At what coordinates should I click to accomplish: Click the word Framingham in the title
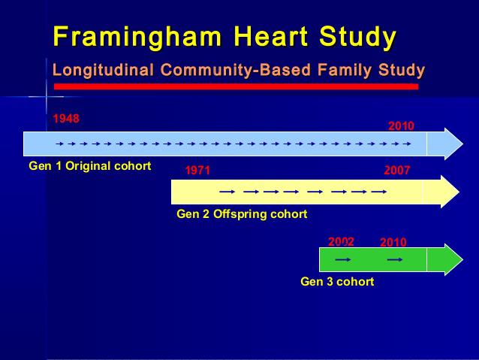[x=137, y=38]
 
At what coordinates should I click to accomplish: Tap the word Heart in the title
[x=271, y=36]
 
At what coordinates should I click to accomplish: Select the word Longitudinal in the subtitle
[x=103, y=71]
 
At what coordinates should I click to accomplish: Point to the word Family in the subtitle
[x=345, y=71]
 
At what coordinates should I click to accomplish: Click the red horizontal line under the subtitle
[x=236, y=87]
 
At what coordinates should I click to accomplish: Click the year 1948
[x=66, y=118]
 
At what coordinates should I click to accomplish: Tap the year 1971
[x=197, y=171]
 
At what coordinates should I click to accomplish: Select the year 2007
[x=397, y=171]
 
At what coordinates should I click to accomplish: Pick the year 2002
[x=341, y=242]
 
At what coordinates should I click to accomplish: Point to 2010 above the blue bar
[x=401, y=126]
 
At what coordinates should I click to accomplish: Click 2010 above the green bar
[x=393, y=242]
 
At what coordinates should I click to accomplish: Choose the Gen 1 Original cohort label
[x=90, y=166]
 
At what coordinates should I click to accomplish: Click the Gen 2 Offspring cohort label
[x=242, y=214]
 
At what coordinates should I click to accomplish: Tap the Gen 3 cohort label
[x=337, y=282]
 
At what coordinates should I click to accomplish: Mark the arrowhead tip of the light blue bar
[x=463, y=144]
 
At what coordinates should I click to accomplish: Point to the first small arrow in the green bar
[x=343, y=260]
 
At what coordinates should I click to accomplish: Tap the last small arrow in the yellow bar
[x=379, y=192]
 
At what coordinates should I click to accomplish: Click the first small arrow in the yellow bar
[x=227, y=192]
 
